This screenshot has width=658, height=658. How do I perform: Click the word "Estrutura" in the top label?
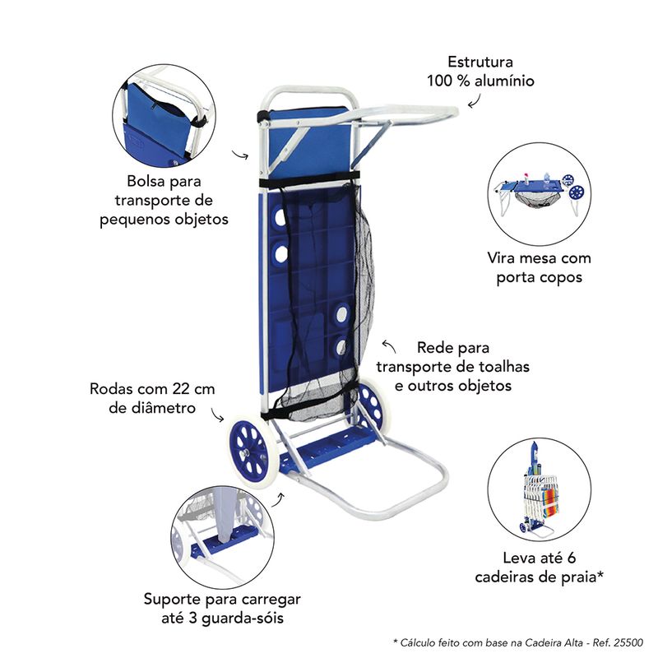click(480, 63)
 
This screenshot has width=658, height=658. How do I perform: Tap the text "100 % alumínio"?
click(480, 81)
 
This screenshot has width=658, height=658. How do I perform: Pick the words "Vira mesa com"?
click(539, 258)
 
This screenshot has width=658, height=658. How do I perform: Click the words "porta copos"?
click(539, 277)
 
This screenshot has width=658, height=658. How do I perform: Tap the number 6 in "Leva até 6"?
click(571, 558)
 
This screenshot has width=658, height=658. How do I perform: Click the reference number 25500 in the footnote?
click(628, 642)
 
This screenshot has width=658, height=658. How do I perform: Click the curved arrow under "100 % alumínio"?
click(475, 100)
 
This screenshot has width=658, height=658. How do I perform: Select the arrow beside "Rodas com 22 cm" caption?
click(217, 415)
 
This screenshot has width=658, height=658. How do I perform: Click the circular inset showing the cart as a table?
click(540, 194)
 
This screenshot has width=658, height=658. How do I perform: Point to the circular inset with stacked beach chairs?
click(540, 489)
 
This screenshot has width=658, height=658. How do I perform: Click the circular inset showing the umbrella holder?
click(223, 536)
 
